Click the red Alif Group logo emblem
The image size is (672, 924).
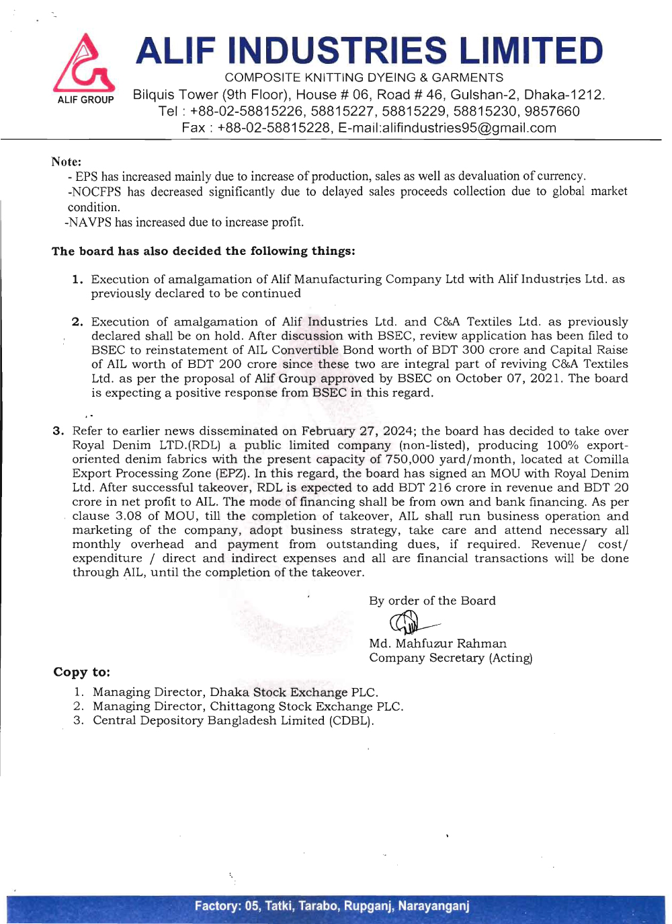(x=84, y=63)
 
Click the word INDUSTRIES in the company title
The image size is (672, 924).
(x=337, y=51)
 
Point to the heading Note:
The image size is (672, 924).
(x=67, y=161)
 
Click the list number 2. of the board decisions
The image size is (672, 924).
(x=77, y=321)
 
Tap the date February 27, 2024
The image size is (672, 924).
(x=357, y=431)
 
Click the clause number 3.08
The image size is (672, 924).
(x=128, y=516)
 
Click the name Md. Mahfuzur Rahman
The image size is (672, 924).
(x=437, y=644)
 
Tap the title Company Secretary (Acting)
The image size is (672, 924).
(x=450, y=658)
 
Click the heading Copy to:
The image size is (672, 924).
(x=81, y=672)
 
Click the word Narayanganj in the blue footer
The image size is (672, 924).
(x=433, y=906)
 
